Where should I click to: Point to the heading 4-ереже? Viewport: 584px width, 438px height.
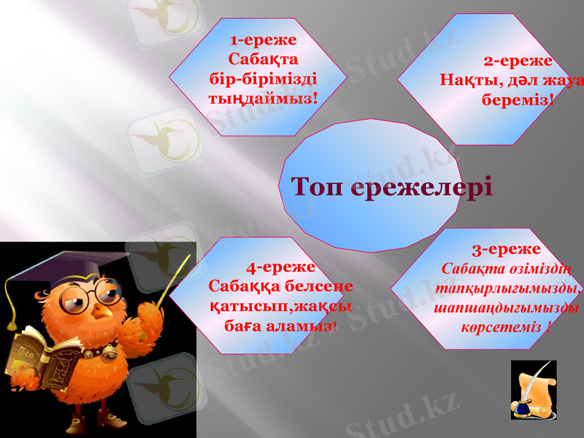coord(281,267)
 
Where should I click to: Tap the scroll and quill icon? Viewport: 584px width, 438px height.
coord(534,390)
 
